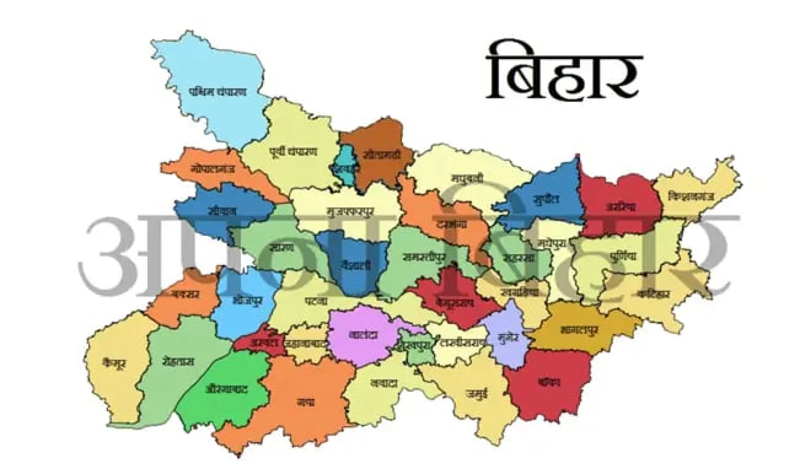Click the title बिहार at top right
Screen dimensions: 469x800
pyautogui.click(x=564, y=72)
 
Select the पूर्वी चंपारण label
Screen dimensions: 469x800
pyautogui.click(x=293, y=152)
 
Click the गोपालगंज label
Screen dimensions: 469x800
pyautogui.click(x=212, y=170)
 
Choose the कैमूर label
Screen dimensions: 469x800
pyautogui.click(x=112, y=364)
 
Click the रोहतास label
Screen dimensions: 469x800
pyautogui.click(x=178, y=361)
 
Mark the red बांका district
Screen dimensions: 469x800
pyautogui.click(x=548, y=382)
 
